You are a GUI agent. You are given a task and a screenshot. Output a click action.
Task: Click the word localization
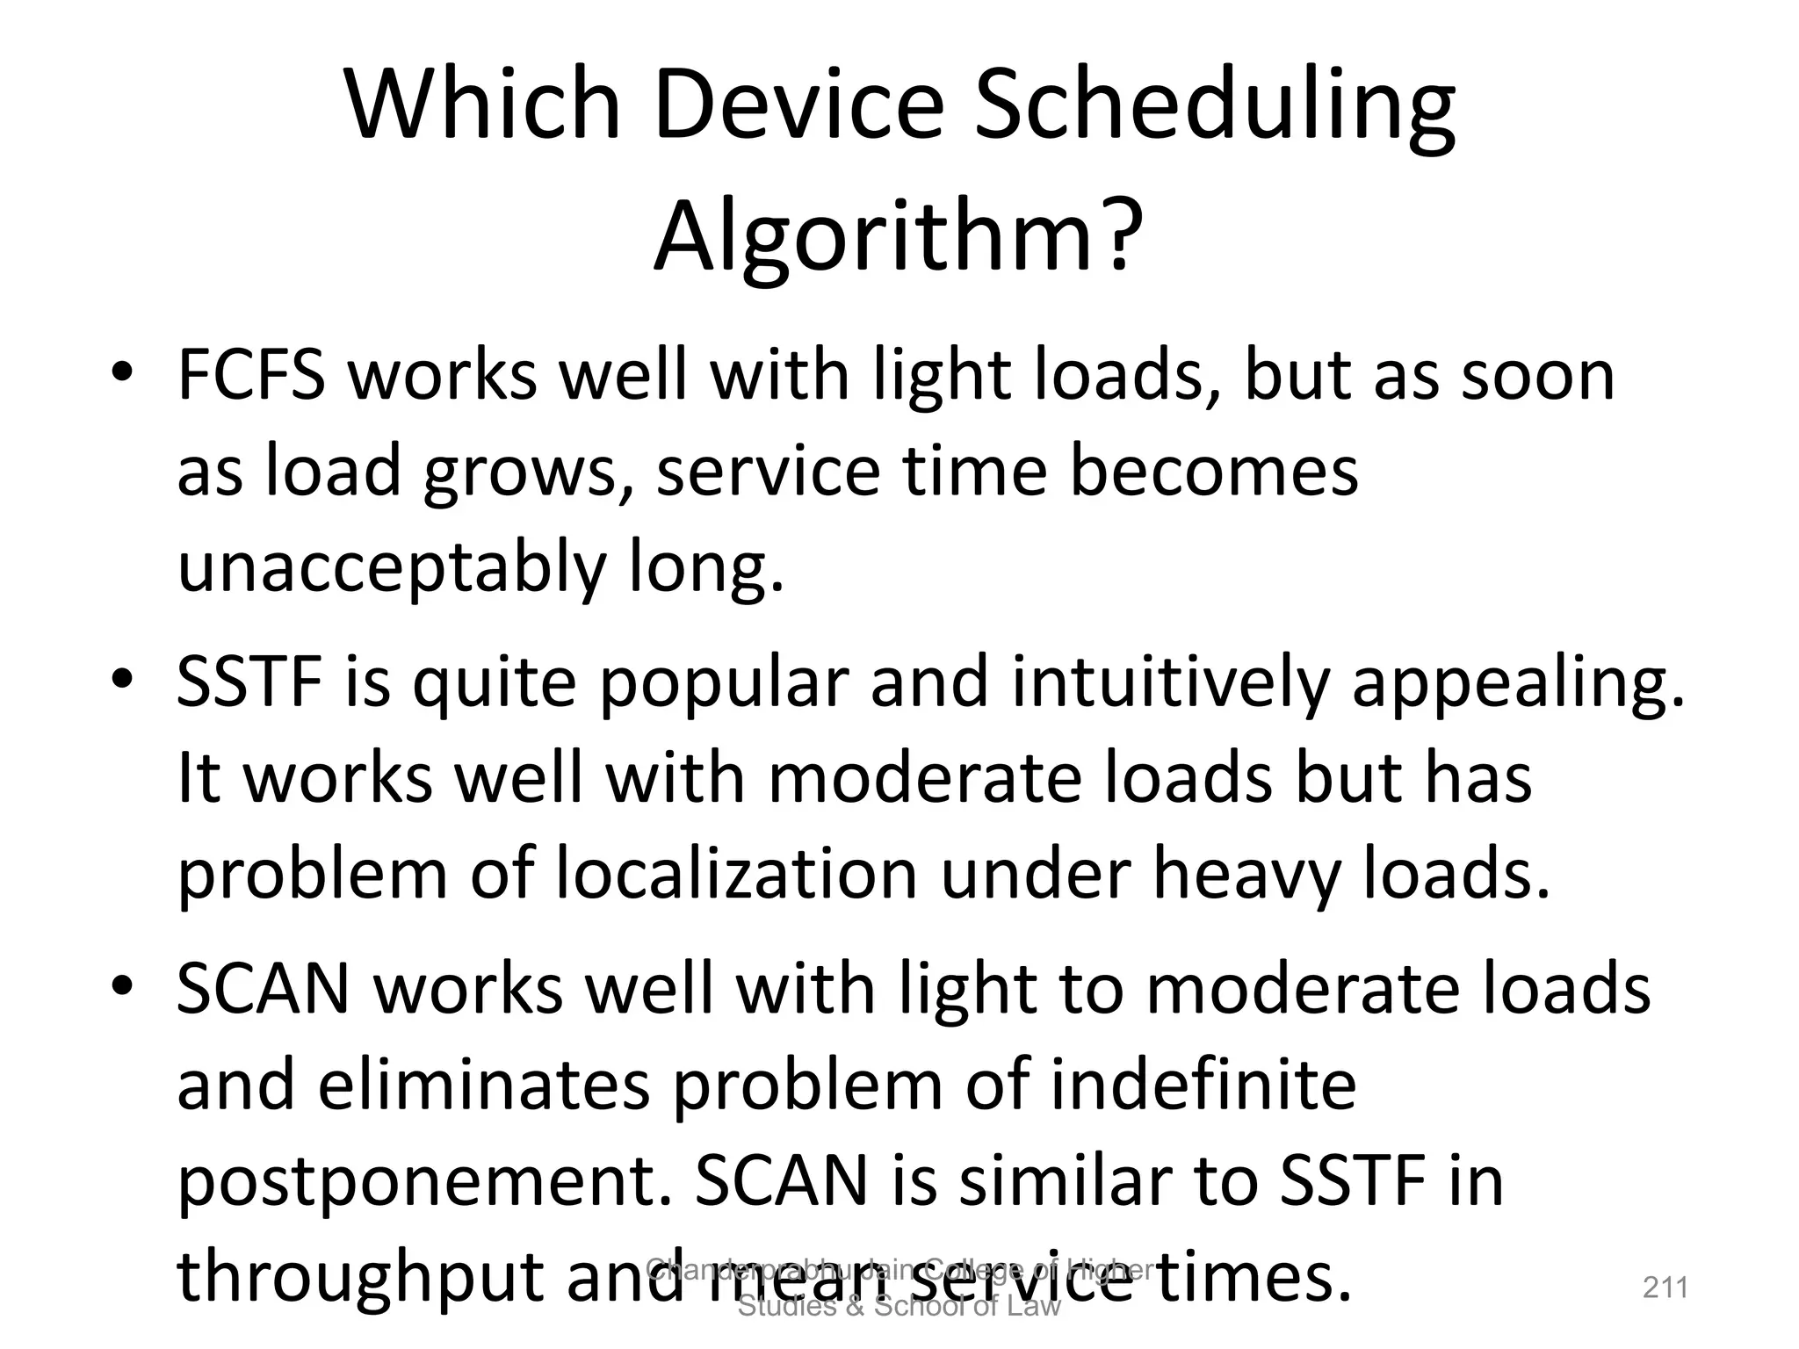(x=736, y=875)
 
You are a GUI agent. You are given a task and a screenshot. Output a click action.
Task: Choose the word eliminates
(x=484, y=1086)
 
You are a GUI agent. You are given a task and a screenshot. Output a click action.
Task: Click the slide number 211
(x=1665, y=1288)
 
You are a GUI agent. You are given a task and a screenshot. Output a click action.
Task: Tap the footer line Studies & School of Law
(x=899, y=1306)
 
